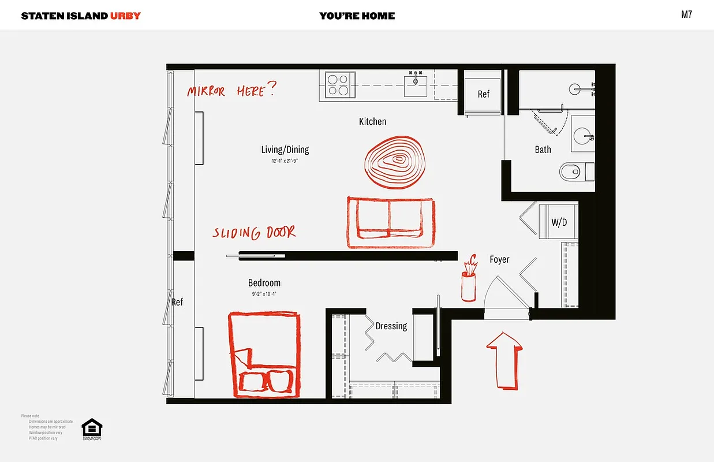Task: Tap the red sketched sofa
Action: (391, 222)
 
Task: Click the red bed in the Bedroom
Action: (265, 355)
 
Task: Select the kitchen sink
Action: (416, 84)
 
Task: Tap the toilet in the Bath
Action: (576, 172)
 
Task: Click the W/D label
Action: (559, 222)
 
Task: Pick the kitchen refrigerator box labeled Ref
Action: (483, 94)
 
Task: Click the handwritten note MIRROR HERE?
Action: (231, 91)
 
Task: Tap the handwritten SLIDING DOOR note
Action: (254, 233)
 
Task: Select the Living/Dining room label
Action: (285, 150)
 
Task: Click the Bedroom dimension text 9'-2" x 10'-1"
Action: (264, 294)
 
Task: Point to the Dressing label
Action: (391, 326)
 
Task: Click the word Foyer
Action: (499, 259)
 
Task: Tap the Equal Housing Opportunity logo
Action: (92, 429)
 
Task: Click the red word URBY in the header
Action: (125, 16)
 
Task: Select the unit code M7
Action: (686, 15)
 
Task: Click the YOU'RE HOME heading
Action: (357, 16)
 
